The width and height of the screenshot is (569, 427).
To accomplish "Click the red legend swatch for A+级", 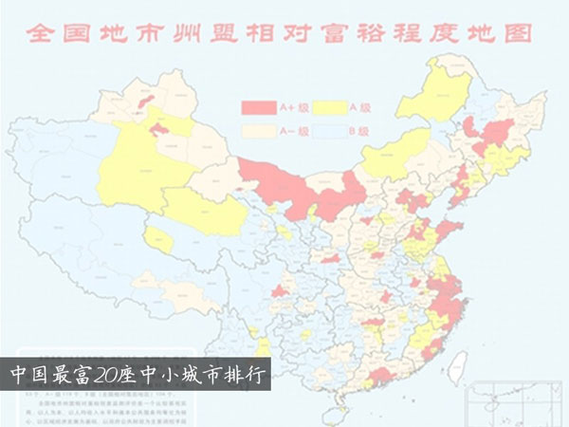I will click(256, 105).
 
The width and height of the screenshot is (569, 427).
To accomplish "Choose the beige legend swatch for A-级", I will click(256, 128).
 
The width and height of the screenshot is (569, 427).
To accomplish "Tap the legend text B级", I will click(358, 129).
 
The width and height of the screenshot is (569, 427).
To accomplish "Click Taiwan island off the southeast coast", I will click(459, 362).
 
